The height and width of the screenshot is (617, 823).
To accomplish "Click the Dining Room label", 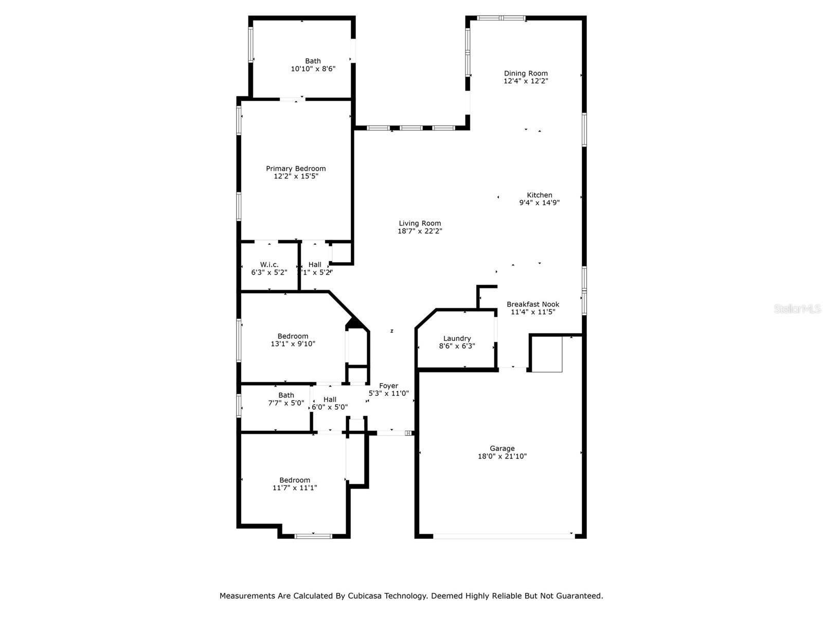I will click(526, 73).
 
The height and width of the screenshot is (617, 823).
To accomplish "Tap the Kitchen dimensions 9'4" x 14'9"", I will click(539, 203).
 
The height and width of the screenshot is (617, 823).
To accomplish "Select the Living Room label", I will click(420, 223).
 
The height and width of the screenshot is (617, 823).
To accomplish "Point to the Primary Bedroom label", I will click(296, 168).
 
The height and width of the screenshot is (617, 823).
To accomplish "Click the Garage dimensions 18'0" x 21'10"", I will click(502, 456).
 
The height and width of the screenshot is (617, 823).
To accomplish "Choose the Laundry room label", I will click(457, 338).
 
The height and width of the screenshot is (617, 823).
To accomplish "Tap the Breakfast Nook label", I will click(533, 304).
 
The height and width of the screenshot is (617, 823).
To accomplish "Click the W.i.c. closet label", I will click(269, 264).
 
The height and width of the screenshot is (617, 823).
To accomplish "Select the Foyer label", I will click(388, 386).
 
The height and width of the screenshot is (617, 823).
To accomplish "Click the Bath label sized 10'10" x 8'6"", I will click(313, 61).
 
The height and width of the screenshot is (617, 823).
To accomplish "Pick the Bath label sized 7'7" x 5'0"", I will click(286, 395).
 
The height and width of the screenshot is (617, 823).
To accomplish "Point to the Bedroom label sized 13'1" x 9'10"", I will click(293, 336).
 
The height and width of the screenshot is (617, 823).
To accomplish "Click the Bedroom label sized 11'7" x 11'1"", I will click(295, 480).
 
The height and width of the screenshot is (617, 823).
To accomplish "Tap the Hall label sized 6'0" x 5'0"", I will click(330, 399).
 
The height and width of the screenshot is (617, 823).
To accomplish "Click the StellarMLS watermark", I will click(798, 309).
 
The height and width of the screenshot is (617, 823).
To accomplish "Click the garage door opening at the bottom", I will click(503, 536).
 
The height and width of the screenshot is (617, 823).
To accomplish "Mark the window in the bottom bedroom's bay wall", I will click(313, 536).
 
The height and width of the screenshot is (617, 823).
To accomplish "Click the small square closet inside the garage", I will click(547, 354).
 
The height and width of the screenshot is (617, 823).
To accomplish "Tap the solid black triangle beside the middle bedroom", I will click(354, 323).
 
